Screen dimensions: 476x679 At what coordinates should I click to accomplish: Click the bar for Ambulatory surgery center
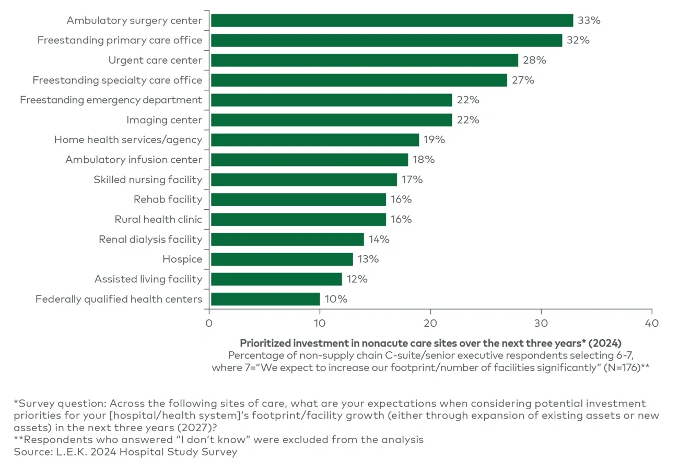392,20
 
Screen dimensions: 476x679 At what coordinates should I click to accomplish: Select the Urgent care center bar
364,60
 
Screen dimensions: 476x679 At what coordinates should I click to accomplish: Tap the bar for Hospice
282,259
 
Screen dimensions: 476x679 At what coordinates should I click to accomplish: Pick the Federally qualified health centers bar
265,299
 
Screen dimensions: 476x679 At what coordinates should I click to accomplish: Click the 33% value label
589,20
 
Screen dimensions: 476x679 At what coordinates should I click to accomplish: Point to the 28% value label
534,60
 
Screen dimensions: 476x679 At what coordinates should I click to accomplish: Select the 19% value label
435,140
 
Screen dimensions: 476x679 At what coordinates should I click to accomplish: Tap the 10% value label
335,299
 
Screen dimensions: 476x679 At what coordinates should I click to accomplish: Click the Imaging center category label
164,120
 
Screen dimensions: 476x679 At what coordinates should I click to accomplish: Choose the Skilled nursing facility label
148,180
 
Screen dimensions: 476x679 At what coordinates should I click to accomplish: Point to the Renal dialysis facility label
150,239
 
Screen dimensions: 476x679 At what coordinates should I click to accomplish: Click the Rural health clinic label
158,219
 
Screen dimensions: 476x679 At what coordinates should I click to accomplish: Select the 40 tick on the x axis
651,323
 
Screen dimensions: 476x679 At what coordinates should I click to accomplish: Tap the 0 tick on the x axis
209,323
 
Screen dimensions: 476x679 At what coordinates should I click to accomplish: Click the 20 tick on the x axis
430,323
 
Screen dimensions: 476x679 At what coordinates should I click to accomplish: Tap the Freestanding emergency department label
111,100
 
